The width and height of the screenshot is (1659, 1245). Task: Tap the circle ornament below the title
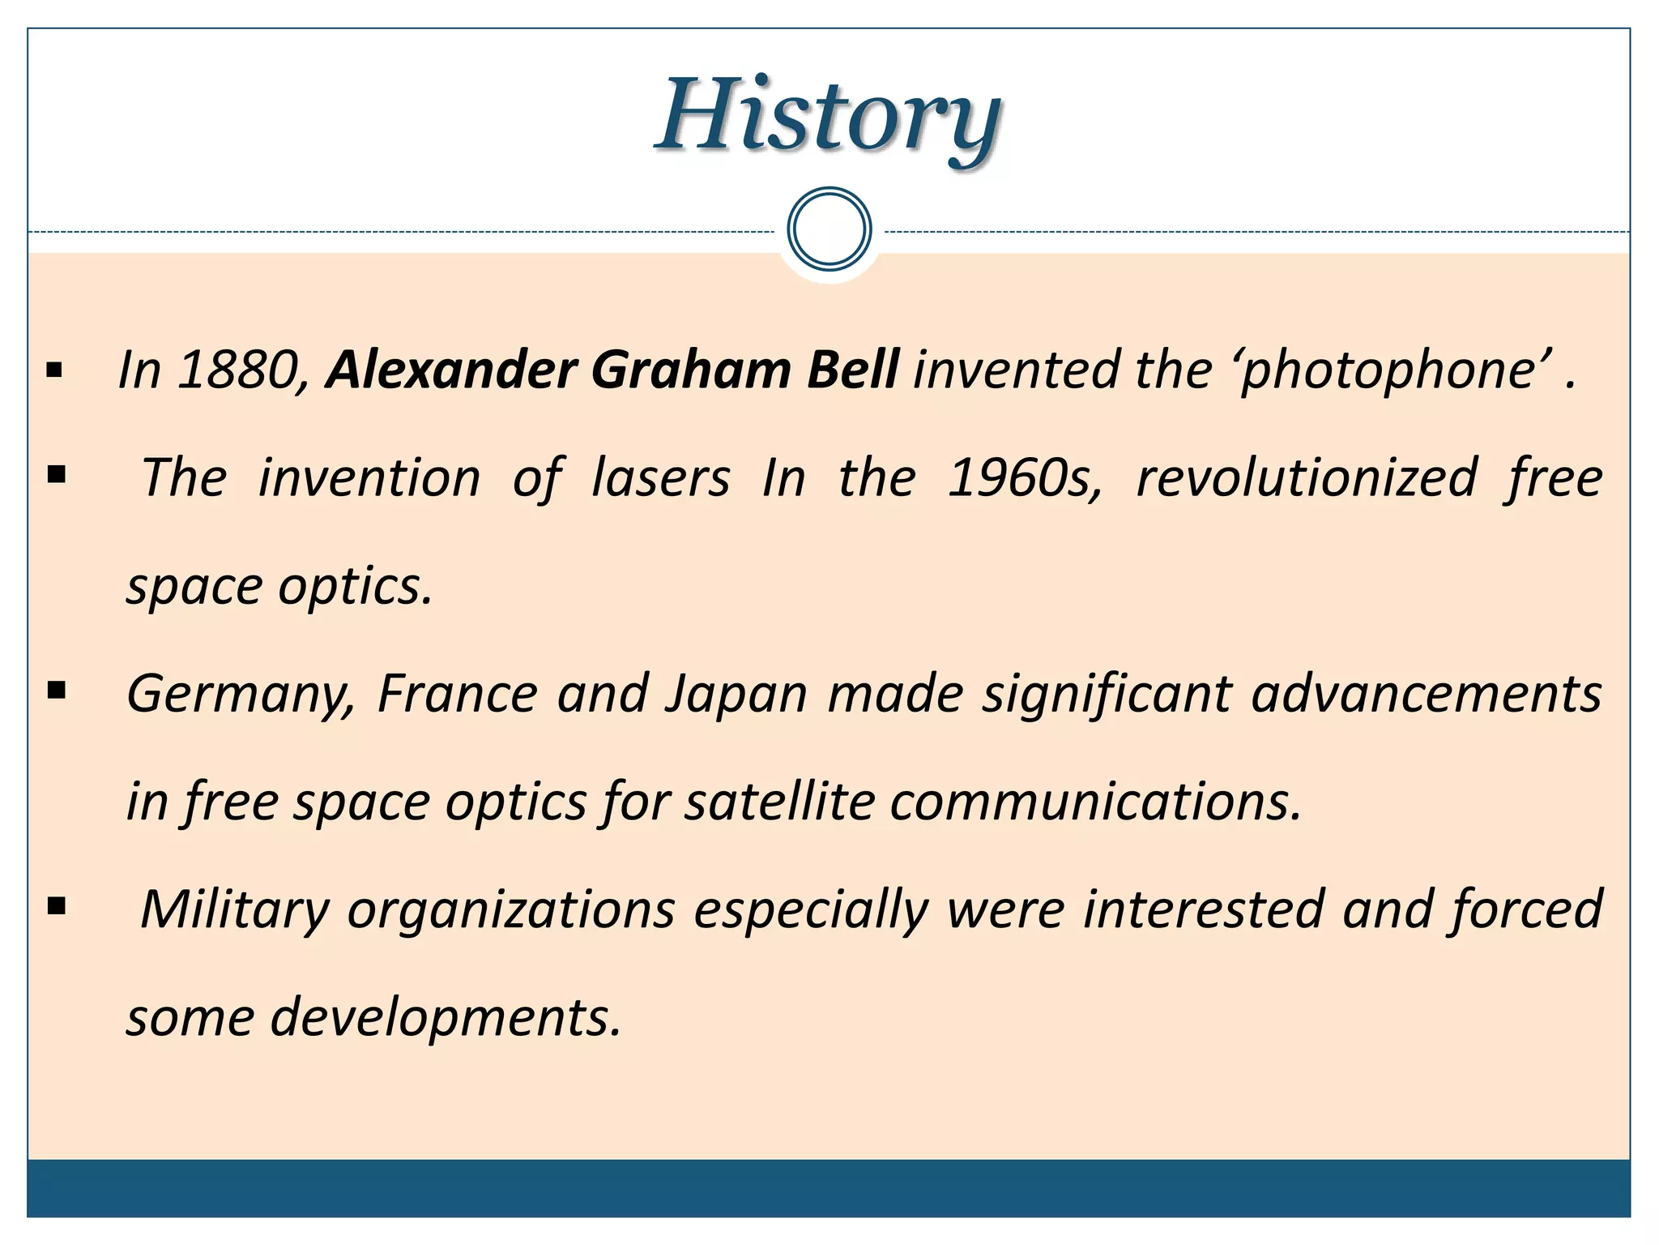(829, 229)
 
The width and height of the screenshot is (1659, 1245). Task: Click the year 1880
(241, 370)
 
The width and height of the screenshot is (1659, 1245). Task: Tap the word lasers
(660, 478)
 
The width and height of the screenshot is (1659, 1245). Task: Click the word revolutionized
(1307, 478)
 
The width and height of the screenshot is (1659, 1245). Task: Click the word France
(457, 694)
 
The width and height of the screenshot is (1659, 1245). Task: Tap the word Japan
(736, 695)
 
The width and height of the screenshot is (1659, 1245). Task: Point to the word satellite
(779, 802)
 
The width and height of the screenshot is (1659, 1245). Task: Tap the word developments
(445, 1019)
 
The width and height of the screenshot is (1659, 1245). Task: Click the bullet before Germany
(57, 691)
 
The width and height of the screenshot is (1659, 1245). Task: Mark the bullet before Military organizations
(57, 906)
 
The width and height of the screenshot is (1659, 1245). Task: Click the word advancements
(1426, 694)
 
